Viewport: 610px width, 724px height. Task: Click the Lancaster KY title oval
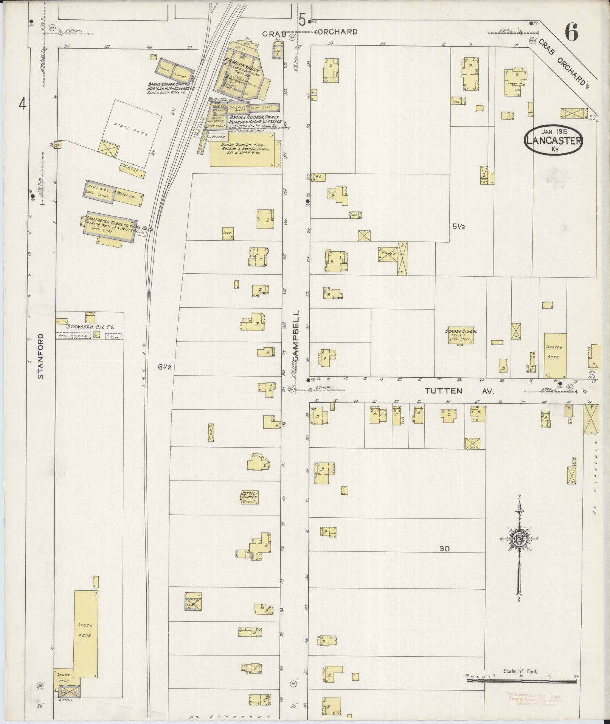(553, 141)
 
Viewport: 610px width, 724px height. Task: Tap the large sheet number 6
(571, 33)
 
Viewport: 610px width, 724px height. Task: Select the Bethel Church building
(250, 497)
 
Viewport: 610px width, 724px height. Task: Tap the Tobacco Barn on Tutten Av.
(555, 355)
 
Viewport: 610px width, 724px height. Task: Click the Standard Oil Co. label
(90, 327)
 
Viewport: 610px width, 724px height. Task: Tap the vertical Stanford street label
(40, 356)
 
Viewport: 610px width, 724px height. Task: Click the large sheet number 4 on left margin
(23, 104)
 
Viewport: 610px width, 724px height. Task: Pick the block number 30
(445, 548)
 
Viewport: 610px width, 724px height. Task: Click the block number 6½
(165, 366)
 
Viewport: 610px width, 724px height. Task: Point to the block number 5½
(458, 227)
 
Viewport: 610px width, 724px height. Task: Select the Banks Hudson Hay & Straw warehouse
(245, 149)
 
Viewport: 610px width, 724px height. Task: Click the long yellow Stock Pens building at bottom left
(86, 625)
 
